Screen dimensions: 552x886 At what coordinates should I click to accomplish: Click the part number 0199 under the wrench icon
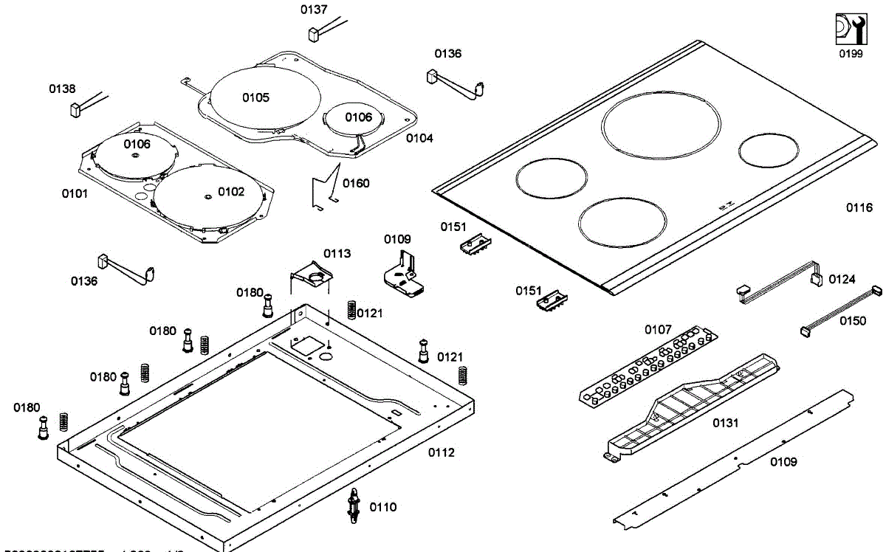point(851,54)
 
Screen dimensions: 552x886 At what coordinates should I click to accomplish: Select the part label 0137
point(314,10)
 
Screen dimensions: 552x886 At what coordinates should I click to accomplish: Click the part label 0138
point(62,89)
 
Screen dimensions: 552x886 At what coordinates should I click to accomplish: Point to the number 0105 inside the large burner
point(255,97)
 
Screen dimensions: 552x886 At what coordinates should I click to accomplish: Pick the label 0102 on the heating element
point(230,192)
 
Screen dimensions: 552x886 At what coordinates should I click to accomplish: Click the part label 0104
point(419,138)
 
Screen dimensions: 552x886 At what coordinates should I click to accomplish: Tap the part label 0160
point(357,183)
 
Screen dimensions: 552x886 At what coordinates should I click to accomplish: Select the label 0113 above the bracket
point(337,253)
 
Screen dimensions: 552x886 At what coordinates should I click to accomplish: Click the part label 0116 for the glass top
point(859,208)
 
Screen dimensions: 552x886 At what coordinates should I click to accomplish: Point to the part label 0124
point(842,279)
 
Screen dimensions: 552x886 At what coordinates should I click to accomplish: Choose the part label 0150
point(853,321)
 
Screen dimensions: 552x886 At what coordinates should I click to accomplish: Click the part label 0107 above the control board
point(658,329)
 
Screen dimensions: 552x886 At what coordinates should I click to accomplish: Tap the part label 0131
point(725,423)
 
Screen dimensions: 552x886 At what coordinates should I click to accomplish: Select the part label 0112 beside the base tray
point(442,452)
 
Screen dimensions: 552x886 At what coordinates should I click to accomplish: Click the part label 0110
point(382,507)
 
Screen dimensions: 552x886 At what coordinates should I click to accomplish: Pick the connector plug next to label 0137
point(314,34)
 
